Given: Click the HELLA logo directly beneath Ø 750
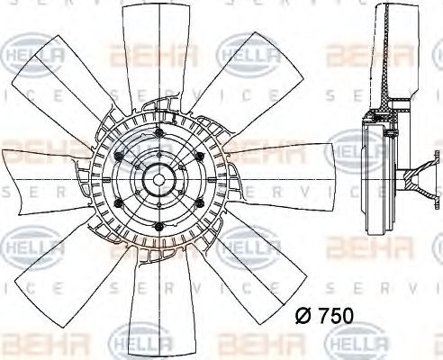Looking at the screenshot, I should click(x=351, y=343).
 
